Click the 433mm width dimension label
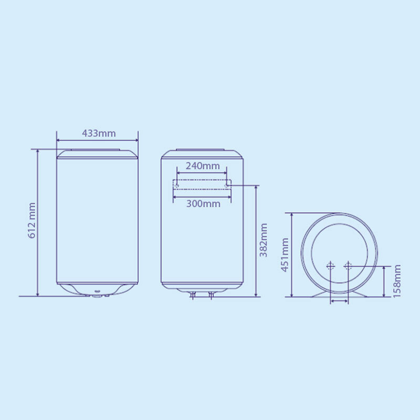99,133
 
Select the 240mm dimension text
203,166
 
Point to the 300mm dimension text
203,204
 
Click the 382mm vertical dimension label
264,240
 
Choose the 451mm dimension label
285,255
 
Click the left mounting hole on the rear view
177,185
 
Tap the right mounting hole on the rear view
227,185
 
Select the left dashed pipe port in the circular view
330,266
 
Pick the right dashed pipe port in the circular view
348,266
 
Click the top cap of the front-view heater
97,153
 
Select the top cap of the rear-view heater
202,153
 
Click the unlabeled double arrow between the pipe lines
339,301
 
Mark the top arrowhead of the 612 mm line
38,151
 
